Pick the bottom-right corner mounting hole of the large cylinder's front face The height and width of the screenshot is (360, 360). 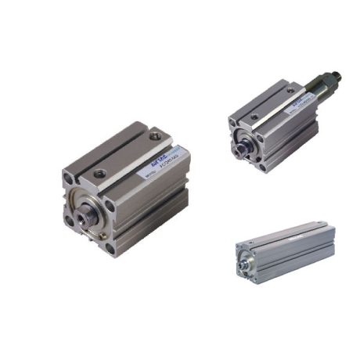110,249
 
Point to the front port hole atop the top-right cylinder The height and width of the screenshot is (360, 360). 254,117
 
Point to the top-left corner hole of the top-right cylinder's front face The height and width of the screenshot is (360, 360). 234,121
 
